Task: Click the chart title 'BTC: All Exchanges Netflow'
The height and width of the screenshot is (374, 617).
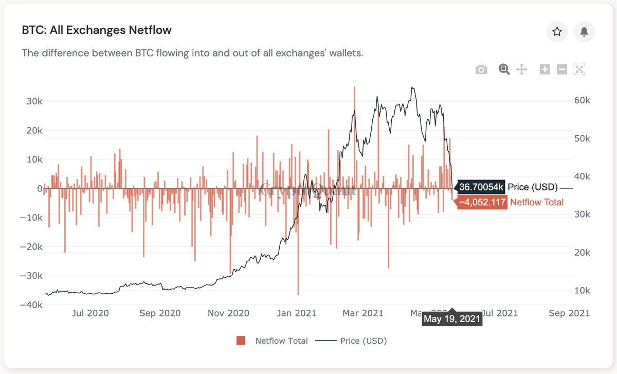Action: point(97,30)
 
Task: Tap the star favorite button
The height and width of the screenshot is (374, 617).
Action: point(557,32)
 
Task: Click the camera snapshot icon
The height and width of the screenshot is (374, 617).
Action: point(481,69)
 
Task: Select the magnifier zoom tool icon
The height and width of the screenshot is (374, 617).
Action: point(504,69)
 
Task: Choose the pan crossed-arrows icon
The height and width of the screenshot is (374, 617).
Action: point(522,69)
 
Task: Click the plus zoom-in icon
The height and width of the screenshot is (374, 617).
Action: point(545,69)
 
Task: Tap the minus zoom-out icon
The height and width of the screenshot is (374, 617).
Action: point(562,69)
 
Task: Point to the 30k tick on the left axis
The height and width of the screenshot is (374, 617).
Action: point(34,101)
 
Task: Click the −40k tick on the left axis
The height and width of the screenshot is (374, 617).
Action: point(32,305)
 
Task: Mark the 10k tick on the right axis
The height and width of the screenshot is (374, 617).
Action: point(582,291)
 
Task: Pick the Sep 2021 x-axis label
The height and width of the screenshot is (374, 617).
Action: point(569,313)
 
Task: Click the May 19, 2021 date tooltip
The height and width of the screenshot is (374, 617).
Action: point(452,319)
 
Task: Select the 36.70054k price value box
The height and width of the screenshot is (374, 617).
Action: point(482,187)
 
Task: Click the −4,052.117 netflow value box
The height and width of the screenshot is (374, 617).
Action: point(482,202)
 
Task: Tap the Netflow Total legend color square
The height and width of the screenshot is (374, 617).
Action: point(241,341)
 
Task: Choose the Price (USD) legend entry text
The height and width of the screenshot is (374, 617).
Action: point(364,341)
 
